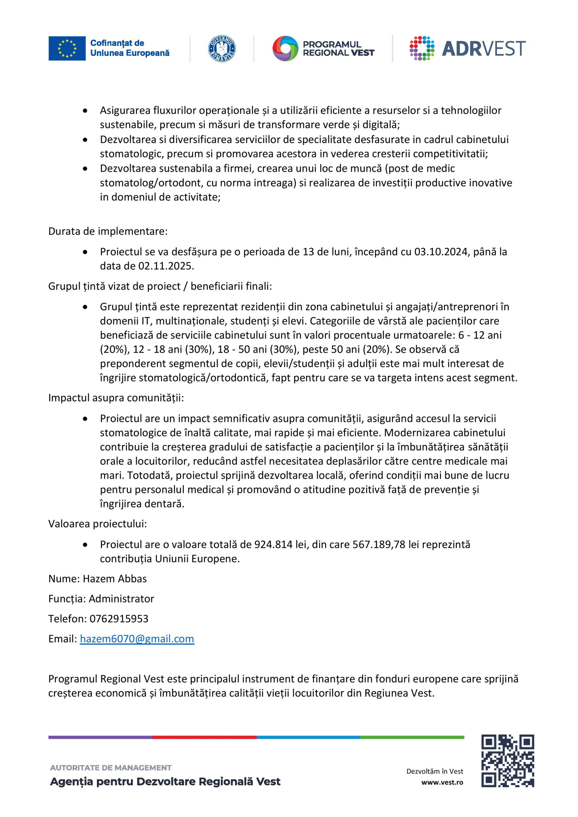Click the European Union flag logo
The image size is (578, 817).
tap(67, 49)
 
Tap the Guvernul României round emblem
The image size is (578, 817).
tap(222, 49)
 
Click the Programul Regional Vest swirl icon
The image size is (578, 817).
tap(285, 49)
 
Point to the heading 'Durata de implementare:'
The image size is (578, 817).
tap(108, 231)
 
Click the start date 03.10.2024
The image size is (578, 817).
tap(441, 251)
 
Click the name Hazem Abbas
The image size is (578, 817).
tap(115, 579)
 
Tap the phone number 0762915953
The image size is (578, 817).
tap(119, 618)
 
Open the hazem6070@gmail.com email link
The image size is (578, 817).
tap(137, 639)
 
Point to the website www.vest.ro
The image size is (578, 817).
tap(442, 782)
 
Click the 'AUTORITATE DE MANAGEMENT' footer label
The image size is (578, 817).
tap(111, 768)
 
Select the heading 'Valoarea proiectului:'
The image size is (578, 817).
tap(98, 524)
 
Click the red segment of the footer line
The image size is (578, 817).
tap(204, 737)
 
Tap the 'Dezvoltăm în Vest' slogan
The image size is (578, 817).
tap(435, 771)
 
